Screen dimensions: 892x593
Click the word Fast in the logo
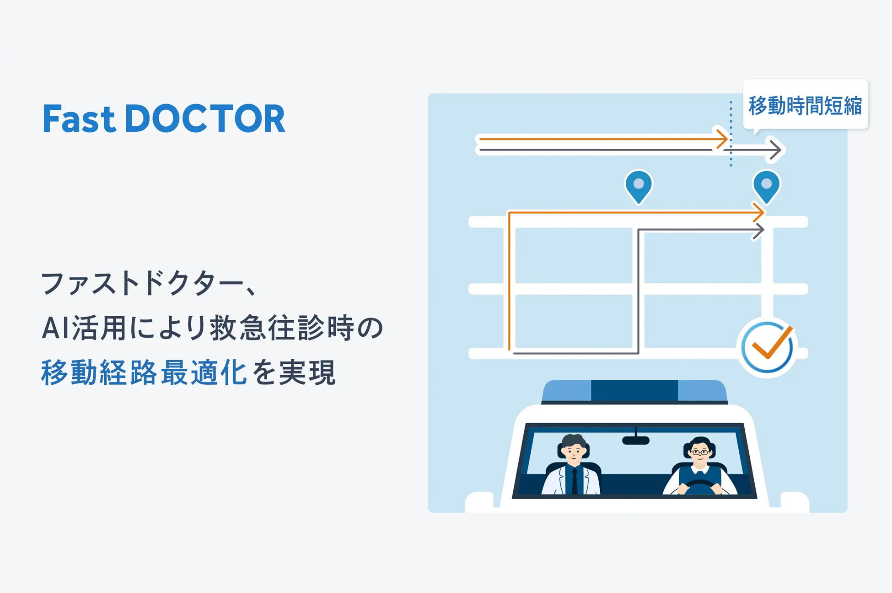tap(79, 119)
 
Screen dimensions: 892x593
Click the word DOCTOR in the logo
tap(205, 119)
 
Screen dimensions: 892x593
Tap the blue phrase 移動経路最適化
tap(144, 372)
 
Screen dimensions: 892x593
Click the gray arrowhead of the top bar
tap(776, 150)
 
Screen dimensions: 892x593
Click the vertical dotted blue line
tap(731, 134)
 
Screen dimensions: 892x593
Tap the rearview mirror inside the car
tap(636, 440)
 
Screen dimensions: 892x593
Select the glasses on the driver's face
tap(700, 453)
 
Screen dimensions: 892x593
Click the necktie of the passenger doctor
tap(575, 480)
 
